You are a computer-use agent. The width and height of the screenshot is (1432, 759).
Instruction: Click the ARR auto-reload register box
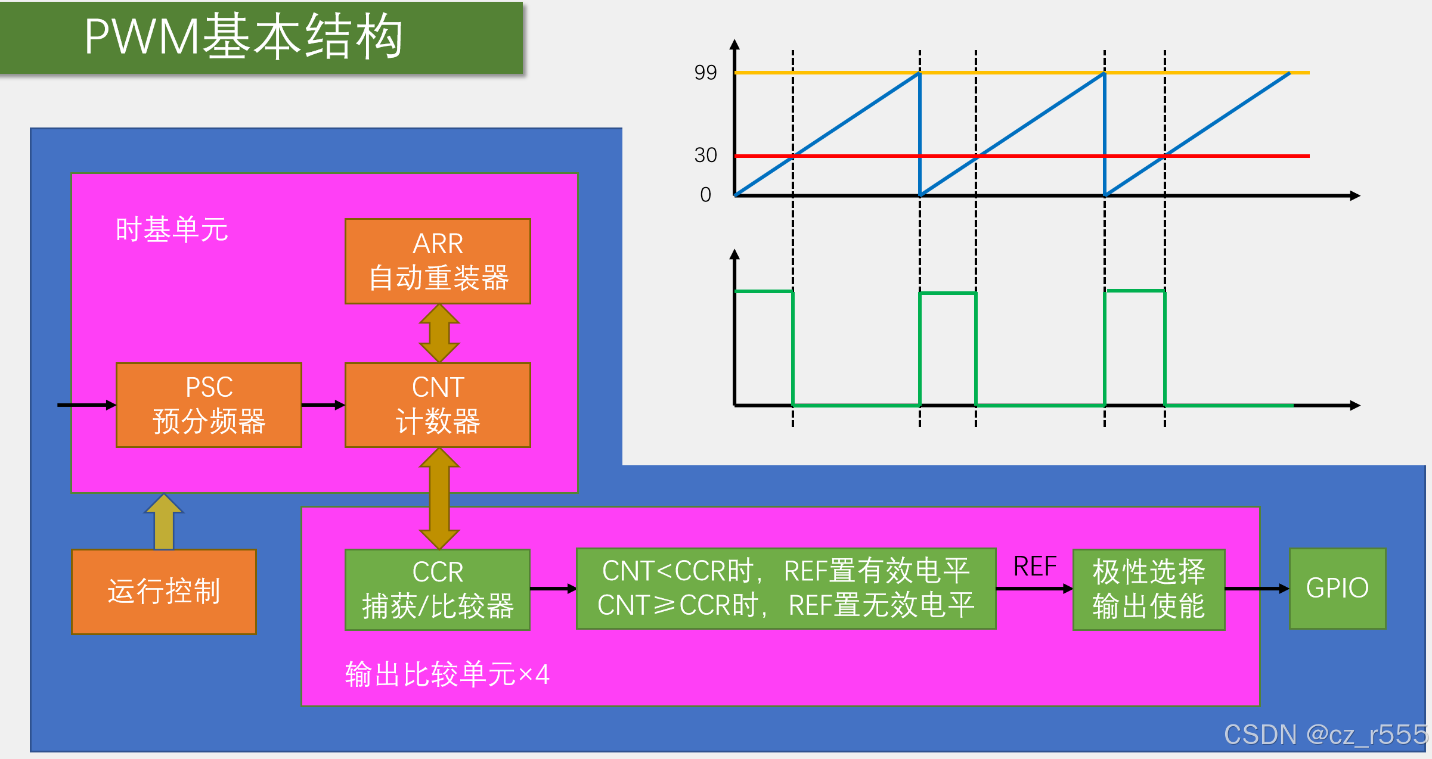click(x=438, y=261)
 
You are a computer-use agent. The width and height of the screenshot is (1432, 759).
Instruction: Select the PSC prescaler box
click(x=209, y=405)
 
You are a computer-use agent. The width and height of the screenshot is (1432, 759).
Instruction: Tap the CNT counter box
click(x=438, y=405)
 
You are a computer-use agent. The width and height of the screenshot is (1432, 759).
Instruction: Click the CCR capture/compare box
click(x=438, y=589)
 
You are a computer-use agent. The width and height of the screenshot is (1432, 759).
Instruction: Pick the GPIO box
click(x=1337, y=588)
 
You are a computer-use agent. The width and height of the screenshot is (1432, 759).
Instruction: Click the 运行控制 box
click(x=164, y=592)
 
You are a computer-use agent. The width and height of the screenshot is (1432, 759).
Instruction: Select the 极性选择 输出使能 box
click(x=1149, y=589)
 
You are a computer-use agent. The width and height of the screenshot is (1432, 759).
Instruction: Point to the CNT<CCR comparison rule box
click(x=786, y=588)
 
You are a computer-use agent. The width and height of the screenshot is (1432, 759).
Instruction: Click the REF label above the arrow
click(x=1035, y=566)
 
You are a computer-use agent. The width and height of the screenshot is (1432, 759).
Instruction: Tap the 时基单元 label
click(x=172, y=230)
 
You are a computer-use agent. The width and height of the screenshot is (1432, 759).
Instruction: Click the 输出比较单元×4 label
click(x=447, y=674)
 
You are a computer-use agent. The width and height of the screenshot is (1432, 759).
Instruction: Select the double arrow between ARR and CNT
click(x=439, y=333)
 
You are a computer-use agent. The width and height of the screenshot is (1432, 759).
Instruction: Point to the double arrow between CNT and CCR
click(x=439, y=498)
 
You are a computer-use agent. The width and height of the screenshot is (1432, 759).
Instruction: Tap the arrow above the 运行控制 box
click(x=164, y=521)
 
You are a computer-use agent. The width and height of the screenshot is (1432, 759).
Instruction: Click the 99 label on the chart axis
click(x=705, y=73)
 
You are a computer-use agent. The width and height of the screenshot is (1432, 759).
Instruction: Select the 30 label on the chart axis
click(x=705, y=155)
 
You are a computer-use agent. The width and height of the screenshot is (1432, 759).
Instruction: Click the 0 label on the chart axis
click(x=706, y=195)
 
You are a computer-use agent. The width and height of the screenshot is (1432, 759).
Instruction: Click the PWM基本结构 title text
click(x=243, y=37)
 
